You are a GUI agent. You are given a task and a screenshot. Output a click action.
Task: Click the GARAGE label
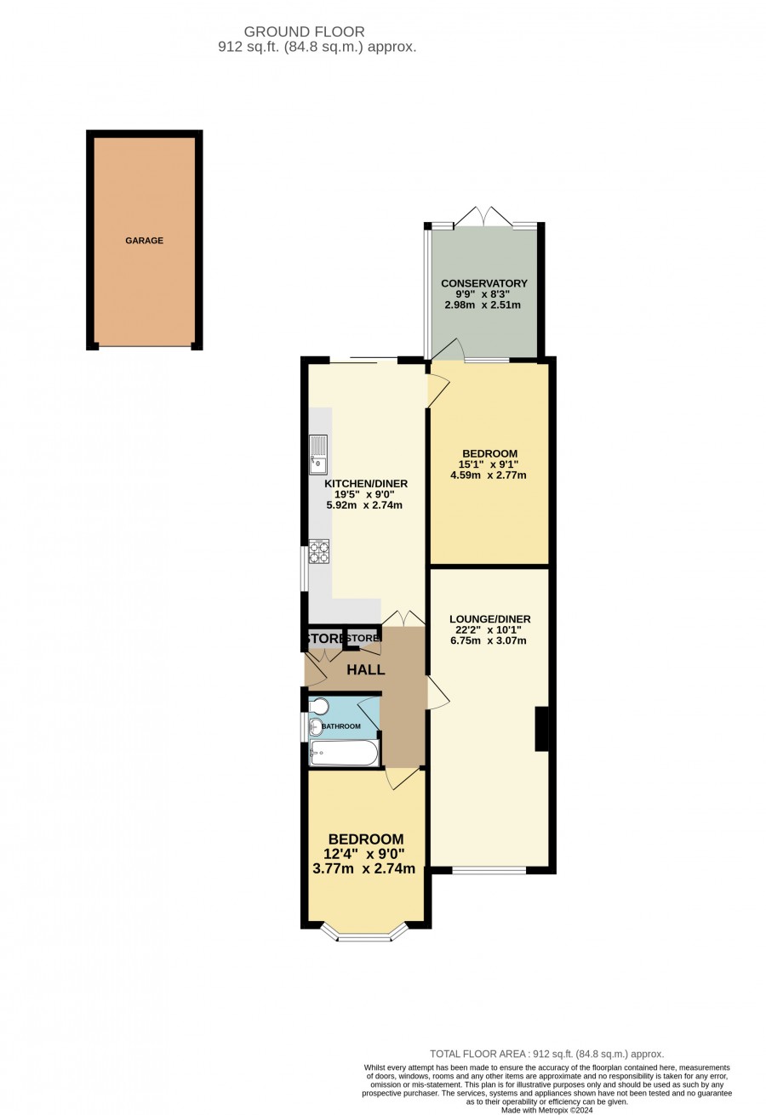pyautogui.click(x=144, y=241)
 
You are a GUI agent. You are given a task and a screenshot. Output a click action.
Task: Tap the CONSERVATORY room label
pyautogui.click(x=484, y=283)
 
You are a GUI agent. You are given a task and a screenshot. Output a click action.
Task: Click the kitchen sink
pyautogui.click(x=318, y=454)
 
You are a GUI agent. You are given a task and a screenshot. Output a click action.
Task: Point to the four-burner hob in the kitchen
pyautogui.click(x=319, y=551)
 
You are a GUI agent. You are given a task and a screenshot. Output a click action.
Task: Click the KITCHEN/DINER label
pyautogui.click(x=366, y=483)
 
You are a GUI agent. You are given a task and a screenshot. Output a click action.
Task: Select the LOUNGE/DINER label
pyautogui.click(x=490, y=619)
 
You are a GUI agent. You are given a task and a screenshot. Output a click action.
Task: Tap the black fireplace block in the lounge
pyautogui.click(x=541, y=729)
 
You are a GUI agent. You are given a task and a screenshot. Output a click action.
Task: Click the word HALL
pyautogui.click(x=366, y=669)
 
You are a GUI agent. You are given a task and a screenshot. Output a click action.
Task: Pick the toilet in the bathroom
pyautogui.click(x=318, y=705)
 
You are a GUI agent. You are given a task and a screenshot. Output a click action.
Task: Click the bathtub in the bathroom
pyautogui.click(x=344, y=752)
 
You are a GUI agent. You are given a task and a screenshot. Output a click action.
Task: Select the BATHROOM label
pyautogui.click(x=340, y=726)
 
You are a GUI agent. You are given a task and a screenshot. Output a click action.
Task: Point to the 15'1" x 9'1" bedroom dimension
pyautogui.click(x=488, y=464)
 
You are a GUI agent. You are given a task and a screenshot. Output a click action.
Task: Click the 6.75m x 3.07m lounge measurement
pyautogui.click(x=488, y=640)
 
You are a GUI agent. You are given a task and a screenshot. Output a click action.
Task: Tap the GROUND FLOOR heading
pyautogui.click(x=305, y=31)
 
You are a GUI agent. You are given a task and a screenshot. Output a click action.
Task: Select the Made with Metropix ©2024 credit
pyautogui.click(x=547, y=1110)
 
